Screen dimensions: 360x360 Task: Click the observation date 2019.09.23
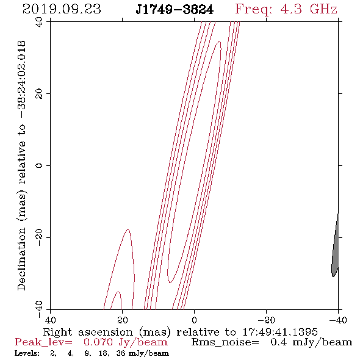(62, 9)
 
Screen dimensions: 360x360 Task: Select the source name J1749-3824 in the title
(175, 10)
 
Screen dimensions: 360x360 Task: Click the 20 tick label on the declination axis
(39, 94)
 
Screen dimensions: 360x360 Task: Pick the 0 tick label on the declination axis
(39, 165)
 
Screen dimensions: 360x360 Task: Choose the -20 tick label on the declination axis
(39, 237)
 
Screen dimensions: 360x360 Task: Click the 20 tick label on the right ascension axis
(123, 320)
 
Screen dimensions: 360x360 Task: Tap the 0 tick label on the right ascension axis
(194, 320)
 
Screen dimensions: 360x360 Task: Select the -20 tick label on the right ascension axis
(266, 320)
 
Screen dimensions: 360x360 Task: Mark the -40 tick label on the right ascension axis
(338, 320)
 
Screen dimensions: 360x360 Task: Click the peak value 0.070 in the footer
(98, 342)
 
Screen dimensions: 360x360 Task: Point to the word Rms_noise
(225, 342)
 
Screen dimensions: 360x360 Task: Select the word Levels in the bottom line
(27, 353)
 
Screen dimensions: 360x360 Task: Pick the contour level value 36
(121, 353)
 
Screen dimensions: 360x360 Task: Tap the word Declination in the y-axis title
(21, 259)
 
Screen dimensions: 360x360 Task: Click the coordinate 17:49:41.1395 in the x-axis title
(280, 332)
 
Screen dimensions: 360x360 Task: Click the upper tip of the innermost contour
(220, 41)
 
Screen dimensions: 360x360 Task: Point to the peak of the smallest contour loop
(118, 291)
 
